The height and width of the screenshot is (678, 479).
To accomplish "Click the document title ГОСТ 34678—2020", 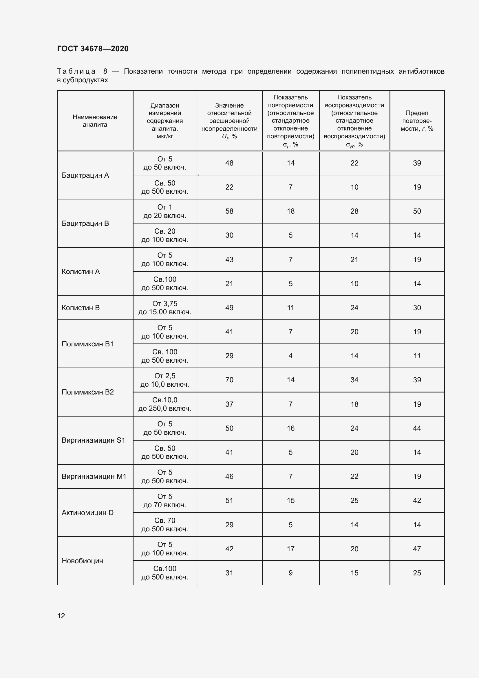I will [x=93, y=49].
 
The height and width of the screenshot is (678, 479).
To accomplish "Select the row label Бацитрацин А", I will [x=85, y=175].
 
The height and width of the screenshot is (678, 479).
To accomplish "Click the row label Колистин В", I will [x=81, y=308].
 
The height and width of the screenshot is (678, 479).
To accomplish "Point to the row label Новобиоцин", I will [x=82, y=561].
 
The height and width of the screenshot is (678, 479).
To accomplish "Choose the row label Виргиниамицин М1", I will [x=94, y=476].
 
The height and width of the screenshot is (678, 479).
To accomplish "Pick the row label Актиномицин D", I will [x=87, y=513].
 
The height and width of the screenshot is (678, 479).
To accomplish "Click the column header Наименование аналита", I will [x=95, y=121].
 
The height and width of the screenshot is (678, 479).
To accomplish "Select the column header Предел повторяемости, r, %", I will [x=417, y=121].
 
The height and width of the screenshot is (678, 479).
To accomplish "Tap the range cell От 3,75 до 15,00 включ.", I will [x=164, y=308].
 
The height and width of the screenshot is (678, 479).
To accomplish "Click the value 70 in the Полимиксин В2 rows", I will [x=229, y=380].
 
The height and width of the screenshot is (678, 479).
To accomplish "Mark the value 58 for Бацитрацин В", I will [x=229, y=211].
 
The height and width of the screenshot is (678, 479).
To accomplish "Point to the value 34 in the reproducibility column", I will [x=354, y=380].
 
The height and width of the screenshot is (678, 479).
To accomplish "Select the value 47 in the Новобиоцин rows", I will [x=417, y=549].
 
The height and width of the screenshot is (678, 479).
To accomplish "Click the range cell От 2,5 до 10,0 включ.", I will [x=164, y=380].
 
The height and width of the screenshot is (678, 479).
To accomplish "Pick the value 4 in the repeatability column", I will [x=290, y=356].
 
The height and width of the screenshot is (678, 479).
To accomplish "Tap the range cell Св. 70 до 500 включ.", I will [x=164, y=525].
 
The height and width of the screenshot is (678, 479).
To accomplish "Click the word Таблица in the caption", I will [x=76, y=72].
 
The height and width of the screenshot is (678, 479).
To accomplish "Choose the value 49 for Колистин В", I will [x=229, y=308].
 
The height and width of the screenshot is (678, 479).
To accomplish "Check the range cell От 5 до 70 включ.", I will [x=164, y=501].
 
